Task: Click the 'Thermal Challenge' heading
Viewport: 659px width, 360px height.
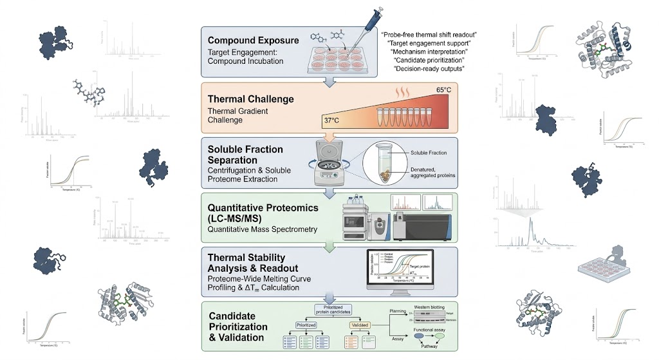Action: point(250,100)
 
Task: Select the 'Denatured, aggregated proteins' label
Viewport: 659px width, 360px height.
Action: point(429,171)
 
